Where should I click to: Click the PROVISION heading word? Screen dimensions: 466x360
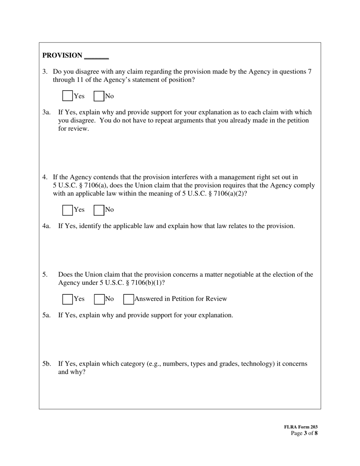(62, 55)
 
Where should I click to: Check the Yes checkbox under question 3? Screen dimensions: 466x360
(67, 96)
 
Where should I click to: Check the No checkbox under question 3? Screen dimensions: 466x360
(99, 96)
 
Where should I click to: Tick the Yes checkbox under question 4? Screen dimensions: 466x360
(67, 210)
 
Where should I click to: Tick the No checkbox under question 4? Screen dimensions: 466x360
(99, 210)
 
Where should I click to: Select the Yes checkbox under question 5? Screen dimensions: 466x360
(67, 299)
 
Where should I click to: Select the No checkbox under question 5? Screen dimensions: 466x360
(99, 299)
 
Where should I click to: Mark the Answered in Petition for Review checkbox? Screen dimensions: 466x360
(128, 299)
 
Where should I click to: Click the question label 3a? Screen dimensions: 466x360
(46, 112)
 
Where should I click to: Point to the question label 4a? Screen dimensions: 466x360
(46, 226)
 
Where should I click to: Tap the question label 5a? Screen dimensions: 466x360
(46, 315)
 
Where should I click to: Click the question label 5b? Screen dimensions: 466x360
(46, 364)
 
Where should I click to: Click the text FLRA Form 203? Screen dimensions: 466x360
(301, 427)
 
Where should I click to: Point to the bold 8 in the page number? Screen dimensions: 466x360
(316, 433)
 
